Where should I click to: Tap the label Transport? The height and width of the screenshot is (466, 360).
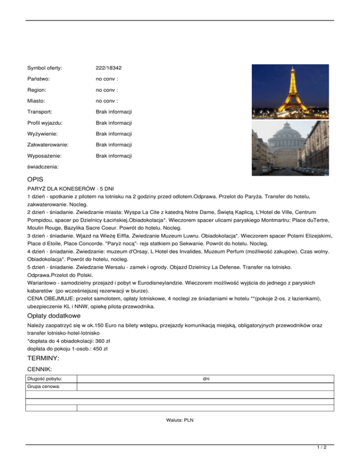pos(40,112)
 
